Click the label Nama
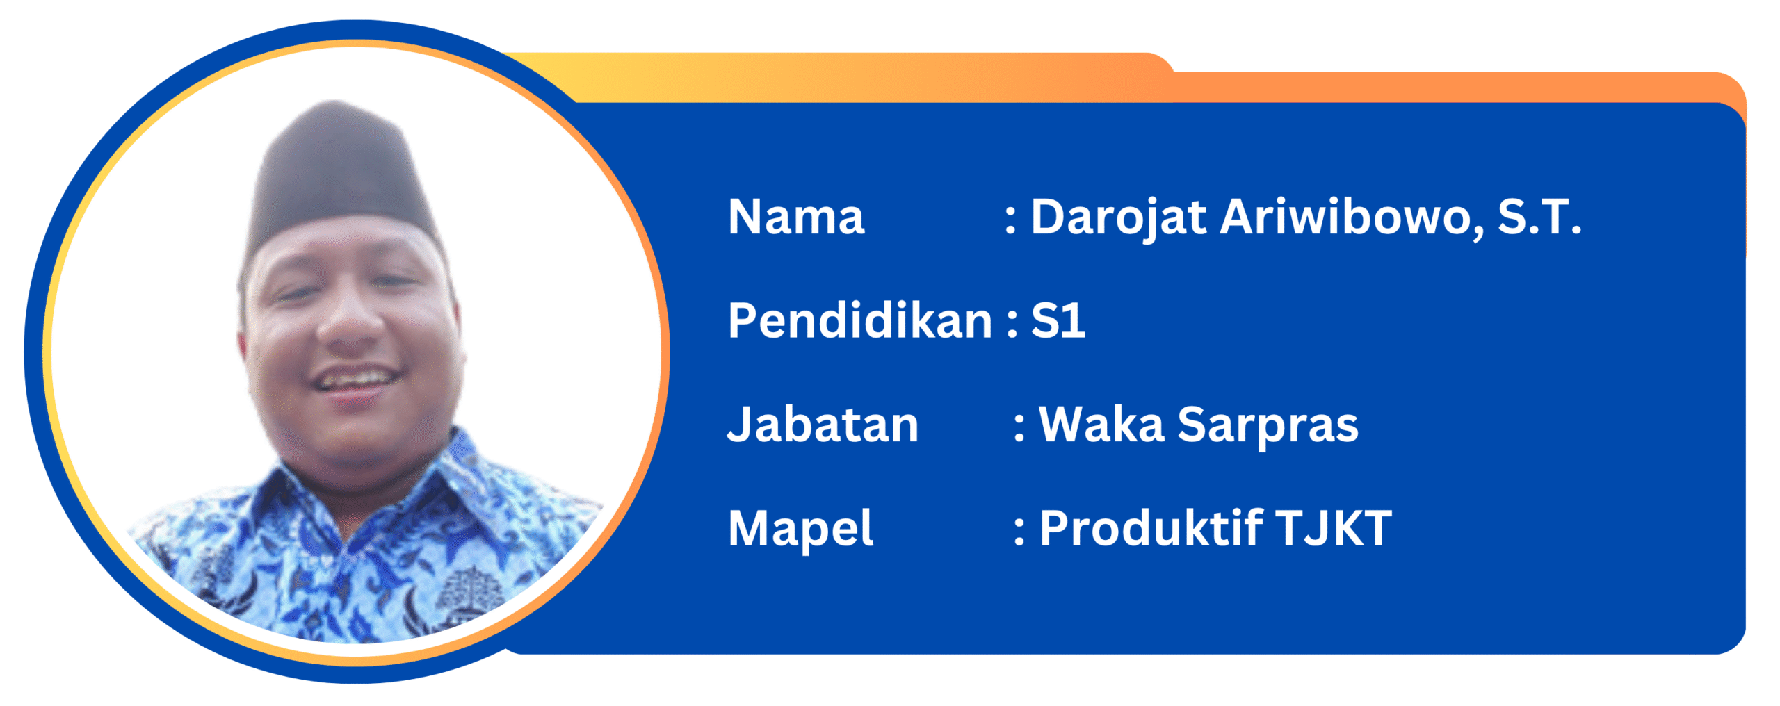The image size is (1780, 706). [x=795, y=217]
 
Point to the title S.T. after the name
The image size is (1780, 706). [x=1539, y=217]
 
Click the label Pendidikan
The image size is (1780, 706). [x=859, y=321]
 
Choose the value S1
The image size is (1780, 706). [x=1058, y=321]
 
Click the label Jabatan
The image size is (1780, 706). [x=823, y=425]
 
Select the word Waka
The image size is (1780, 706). [x=1101, y=425]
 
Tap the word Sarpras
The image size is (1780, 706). [x=1267, y=426]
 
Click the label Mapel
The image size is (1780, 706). [x=800, y=529]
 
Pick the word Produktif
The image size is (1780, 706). [x=1150, y=529]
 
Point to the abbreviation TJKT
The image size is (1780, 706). [x=1333, y=529]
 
